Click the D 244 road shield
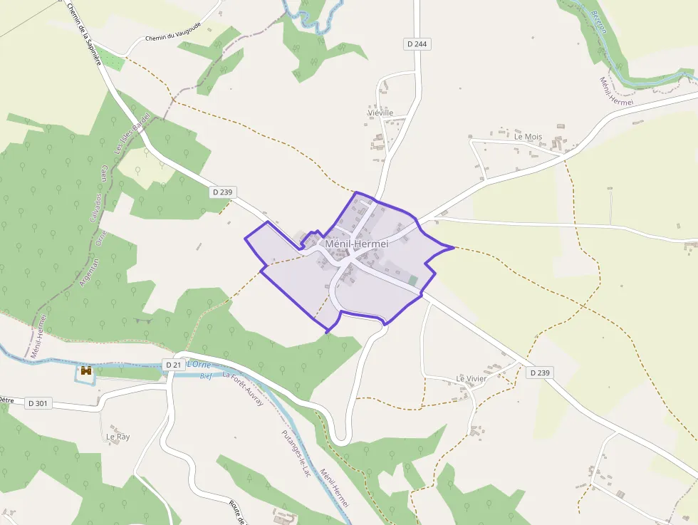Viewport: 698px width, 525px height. (417, 44)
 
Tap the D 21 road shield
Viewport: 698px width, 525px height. (173, 365)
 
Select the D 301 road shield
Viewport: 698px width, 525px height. (38, 403)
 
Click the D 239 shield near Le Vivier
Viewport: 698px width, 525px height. (540, 373)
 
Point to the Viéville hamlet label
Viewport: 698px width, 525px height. (380, 113)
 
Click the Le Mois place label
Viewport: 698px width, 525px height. (528, 136)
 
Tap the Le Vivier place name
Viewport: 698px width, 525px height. (472, 378)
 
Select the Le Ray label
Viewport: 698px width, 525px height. (118, 436)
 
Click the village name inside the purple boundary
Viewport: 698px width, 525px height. (356, 244)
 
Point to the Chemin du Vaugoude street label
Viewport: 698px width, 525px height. (174, 37)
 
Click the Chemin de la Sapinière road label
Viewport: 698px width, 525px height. (84, 33)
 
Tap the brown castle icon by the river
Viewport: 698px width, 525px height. (86, 371)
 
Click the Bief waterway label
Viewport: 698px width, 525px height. (206, 375)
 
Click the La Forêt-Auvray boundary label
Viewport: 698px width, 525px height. (243, 389)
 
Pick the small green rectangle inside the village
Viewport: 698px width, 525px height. (414, 281)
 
